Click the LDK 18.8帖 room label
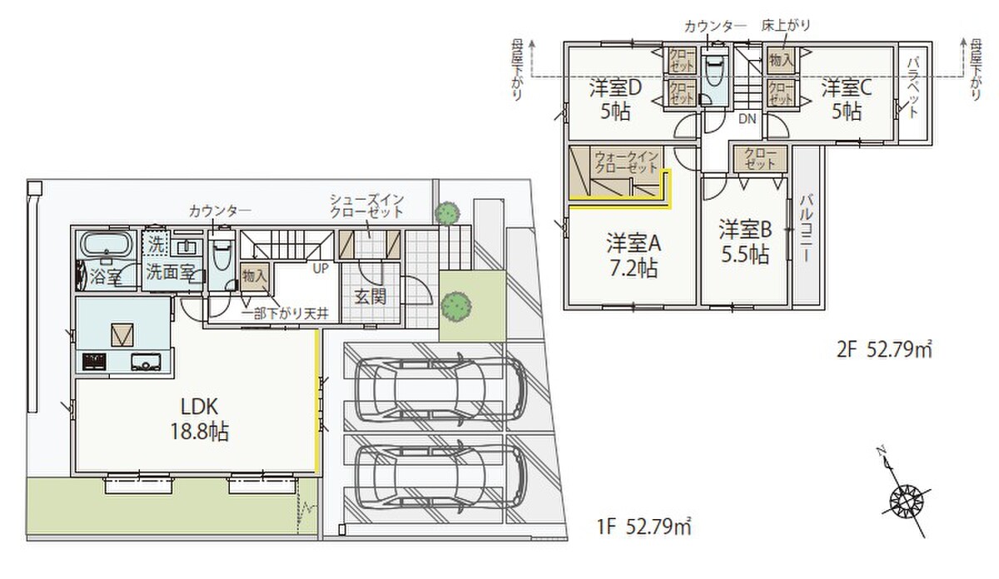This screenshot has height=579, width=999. coord(200,419)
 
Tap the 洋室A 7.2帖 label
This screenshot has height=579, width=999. coord(634,255)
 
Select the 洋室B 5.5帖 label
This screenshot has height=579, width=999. coord(745,242)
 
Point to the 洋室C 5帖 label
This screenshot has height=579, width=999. coord(847,99)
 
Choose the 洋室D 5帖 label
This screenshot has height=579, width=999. coord(615,99)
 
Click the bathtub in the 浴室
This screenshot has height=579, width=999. coord(107,245)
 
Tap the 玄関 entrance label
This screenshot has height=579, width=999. coord(370,297)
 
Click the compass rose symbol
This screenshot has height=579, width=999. coord(906,501)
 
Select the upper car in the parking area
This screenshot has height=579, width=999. coord(441,388)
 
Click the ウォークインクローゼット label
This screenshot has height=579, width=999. coord(627,162)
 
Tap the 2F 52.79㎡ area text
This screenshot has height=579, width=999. coord(884,350)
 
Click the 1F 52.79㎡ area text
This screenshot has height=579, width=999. coord(644,527)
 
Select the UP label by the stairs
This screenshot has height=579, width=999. coord(321,269)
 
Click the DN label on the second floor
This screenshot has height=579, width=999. coord(748,119)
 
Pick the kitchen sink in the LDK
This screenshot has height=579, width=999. coord(146,362)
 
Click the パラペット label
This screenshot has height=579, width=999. coord(912,88)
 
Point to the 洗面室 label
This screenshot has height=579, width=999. coord(171,272)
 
